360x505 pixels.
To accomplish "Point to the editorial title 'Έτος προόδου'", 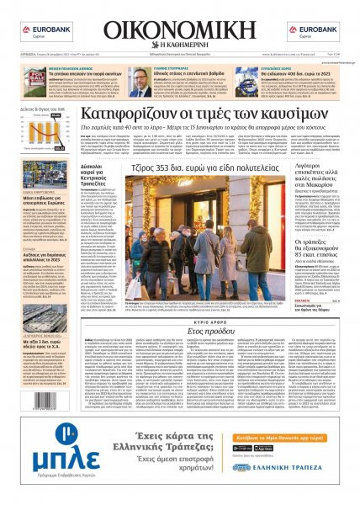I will click(x=180, y=309).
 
